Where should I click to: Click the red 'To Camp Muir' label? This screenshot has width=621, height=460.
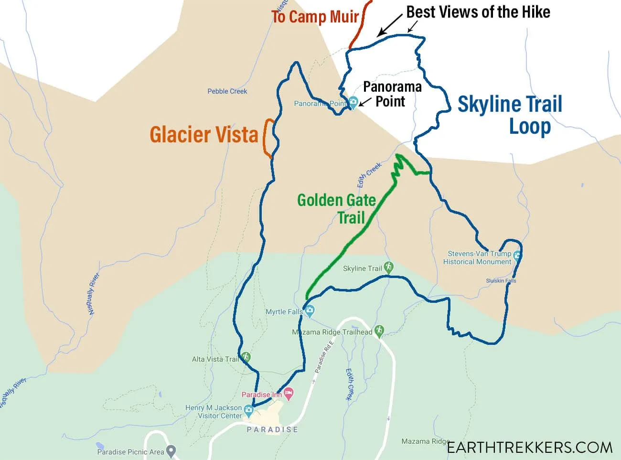click(315, 17)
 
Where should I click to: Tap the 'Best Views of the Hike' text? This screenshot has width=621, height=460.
click(478, 12)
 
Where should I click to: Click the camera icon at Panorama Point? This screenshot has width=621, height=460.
click(353, 102)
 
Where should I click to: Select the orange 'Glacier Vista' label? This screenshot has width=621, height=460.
click(204, 135)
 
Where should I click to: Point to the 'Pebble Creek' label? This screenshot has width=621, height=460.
click(227, 91)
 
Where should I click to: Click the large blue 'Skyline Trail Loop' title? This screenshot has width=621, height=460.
click(510, 115)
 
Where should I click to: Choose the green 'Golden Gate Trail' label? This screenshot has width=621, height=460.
click(336, 208)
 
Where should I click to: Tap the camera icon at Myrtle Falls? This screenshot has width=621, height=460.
click(310, 311)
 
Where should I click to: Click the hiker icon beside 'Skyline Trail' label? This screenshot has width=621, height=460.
click(388, 267)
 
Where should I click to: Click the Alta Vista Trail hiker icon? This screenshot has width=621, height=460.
click(246, 357)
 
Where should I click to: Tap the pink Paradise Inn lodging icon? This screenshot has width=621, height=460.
click(288, 394)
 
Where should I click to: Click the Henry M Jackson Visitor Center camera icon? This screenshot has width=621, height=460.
click(248, 410)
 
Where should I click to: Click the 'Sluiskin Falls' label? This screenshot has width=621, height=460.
click(501, 281)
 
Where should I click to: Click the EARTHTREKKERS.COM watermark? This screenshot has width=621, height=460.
click(529, 448)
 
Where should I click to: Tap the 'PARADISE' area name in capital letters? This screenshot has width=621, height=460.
click(272, 429)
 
